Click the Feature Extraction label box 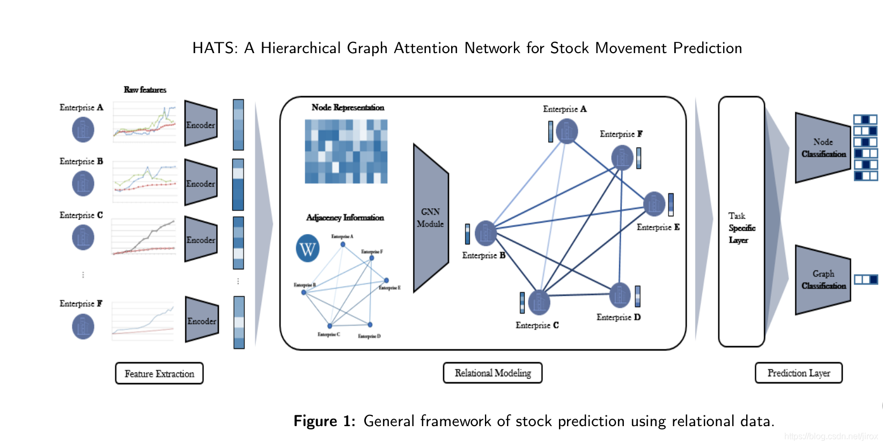[x=159, y=374]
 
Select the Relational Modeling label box [x=492, y=373]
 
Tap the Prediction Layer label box [x=798, y=373]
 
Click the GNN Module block [x=430, y=218]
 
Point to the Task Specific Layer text [x=741, y=228]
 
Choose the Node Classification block [x=822, y=148]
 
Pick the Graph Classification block [x=822, y=280]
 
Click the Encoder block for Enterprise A [x=201, y=124]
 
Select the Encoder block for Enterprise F [x=202, y=320]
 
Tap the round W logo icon [x=308, y=248]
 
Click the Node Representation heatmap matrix [x=346, y=151]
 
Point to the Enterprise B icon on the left [x=83, y=184]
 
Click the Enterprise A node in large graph [x=567, y=131]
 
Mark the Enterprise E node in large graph [x=654, y=203]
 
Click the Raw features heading [x=145, y=90]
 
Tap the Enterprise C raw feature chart [x=144, y=237]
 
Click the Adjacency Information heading [x=345, y=217]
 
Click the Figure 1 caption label [x=324, y=421]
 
